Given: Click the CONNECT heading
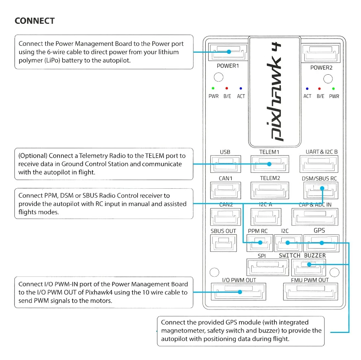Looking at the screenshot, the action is pyautogui.click(x=35, y=21).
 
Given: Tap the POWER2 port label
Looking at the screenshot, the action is pyautogui.click(x=321, y=67).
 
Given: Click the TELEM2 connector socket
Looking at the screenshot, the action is pyautogui.click(x=270, y=190).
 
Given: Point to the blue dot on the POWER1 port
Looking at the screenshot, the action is pyautogui.click(x=229, y=52).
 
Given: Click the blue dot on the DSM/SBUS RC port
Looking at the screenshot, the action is pyautogui.click(x=322, y=188).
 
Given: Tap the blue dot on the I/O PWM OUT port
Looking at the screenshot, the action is pyautogui.click(x=240, y=292).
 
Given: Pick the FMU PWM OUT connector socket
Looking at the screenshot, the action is pyautogui.click(x=310, y=291).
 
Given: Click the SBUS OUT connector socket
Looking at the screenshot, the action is pyautogui.click(x=223, y=243).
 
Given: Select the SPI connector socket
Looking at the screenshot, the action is pyautogui.click(x=268, y=267).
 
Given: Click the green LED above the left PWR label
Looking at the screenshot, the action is pyautogui.click(x=213, y=88).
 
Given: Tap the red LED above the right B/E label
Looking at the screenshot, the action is pyautogui.click(x=319, y=89).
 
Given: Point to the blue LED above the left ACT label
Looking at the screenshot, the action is pyautogui.click(x=241, y=88).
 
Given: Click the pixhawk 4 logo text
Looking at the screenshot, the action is pyautogui.click(x=275, y=92).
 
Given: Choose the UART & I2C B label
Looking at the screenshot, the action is pyautogui.click(x=321, y=152).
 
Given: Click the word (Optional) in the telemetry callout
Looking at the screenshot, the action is pyautogui.click(x=33, y=156).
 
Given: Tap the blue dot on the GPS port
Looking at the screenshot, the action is pyautogui.click(x=322, y=243).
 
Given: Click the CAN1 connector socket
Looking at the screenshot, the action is pyautogui.click(x=226, y=190).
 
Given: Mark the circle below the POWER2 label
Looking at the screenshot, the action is pyautogui.click(x=328, y=79).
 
